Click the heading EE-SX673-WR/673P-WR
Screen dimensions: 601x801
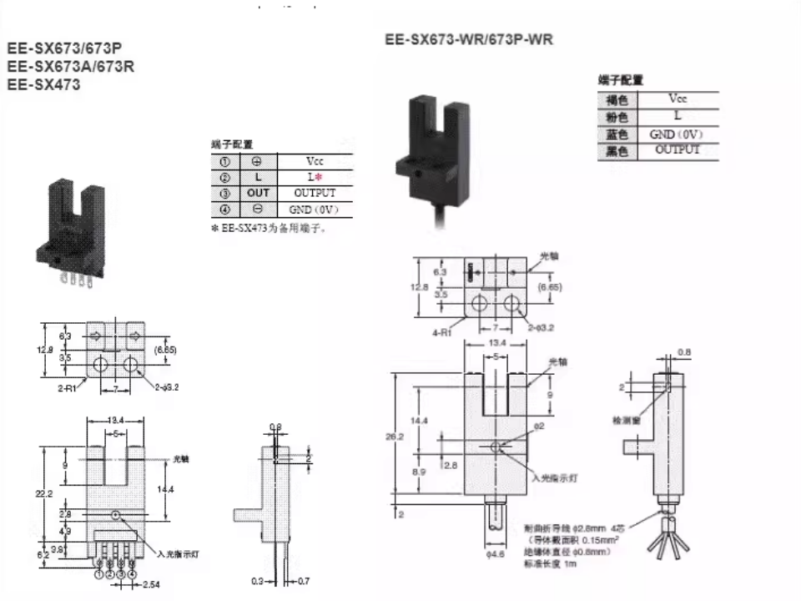click(x=469, y=39)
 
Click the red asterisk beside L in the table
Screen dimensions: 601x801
click(x=319, y=177)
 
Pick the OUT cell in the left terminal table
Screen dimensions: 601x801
click(x=258, y=193)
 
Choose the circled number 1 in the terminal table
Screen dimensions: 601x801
click(x=224, y=161)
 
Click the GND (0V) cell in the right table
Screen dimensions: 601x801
click(x=677, y=134)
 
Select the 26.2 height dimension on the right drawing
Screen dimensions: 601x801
click(x=400, y=435)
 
